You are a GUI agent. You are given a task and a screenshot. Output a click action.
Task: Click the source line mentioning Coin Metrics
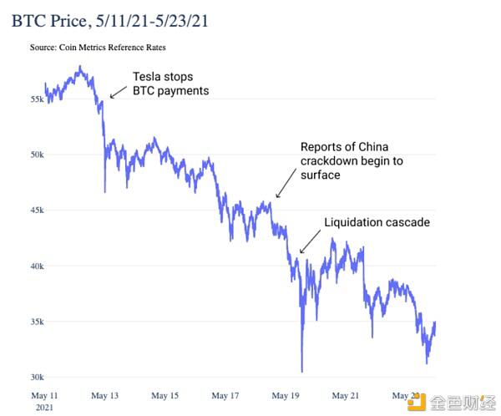(x=98, y=48)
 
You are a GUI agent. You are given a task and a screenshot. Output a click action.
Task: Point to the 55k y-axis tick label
(x=37, y=99)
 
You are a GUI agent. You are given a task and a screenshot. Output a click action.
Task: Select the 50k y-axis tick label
(x=37, y=155)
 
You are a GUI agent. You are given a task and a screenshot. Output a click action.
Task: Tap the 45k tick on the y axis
(x=37, y=210)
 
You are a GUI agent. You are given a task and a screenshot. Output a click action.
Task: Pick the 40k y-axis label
(x=37, y=266)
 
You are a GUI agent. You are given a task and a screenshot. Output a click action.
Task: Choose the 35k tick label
(x=37, y=322)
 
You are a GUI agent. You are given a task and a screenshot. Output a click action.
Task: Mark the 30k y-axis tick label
(x=37, y=378)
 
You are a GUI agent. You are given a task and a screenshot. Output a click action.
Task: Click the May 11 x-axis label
(x=44, y=396)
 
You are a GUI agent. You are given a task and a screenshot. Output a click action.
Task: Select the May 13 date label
(x=105, y=396)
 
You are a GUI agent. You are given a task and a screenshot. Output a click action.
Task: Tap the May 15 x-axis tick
(x=164, y=396)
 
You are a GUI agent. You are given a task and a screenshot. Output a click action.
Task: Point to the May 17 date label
(x=225, y=396)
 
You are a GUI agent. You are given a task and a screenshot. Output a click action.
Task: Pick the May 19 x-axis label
(x=286, y=396)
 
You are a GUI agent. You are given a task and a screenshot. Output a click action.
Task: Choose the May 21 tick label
(x=346, y=396)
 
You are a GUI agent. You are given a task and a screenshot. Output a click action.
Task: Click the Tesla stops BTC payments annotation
(x=171, y=84)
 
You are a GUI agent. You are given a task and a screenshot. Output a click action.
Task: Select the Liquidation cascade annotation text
(x=377, y=222)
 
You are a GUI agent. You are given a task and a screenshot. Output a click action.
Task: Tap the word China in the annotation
(x=373, y=147)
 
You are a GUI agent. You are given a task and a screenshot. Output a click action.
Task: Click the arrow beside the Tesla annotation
(x=119, y=92)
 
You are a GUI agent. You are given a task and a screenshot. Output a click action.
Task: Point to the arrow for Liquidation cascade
(x=310, y=241)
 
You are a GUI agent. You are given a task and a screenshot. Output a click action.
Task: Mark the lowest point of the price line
(x=302, y=372)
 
